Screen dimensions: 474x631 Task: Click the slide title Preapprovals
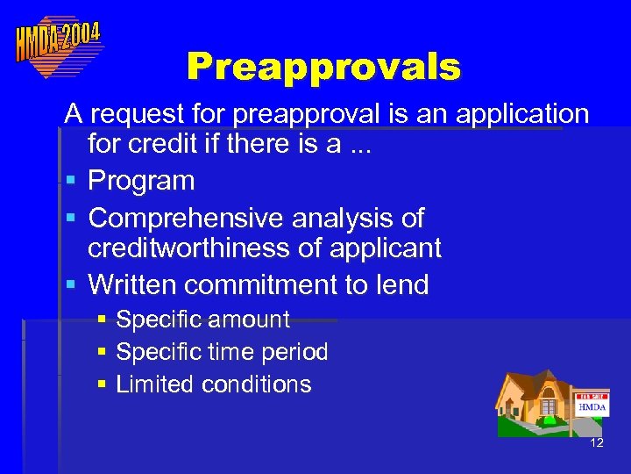[x=323, y=67]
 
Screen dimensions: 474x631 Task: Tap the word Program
[x=141, y=181]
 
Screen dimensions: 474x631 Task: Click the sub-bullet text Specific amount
[x=202, y=320]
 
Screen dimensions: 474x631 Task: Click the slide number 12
[x=597, y=443]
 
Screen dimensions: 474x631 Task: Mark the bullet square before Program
[x=70, y=181]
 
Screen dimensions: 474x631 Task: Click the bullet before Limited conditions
[x=102, y=384]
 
